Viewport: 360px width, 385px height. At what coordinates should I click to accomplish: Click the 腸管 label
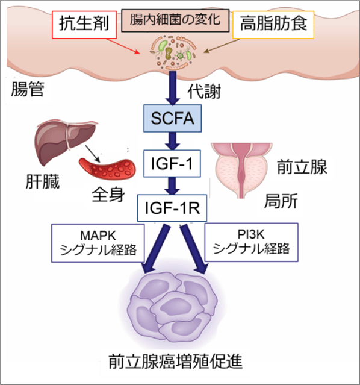(29, 90)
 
